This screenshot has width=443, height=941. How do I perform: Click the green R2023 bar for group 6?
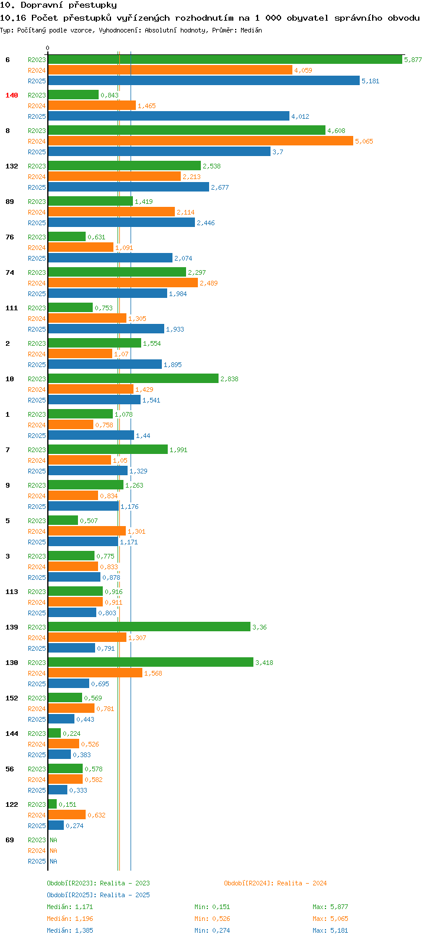pos(225,60)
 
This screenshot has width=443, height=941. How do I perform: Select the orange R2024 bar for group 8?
pos(200,141)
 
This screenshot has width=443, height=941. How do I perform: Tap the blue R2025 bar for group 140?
pos(169,116)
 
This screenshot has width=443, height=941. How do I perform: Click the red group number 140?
pos(12,95)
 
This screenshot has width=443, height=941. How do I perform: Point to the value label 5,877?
pos(413,60)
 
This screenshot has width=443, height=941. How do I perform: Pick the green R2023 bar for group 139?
pos(149,627)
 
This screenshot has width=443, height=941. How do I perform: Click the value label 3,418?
pos(264,663)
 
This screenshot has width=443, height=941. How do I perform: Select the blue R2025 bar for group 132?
pos(129,187)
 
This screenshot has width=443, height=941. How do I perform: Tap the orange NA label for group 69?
pos(53,850)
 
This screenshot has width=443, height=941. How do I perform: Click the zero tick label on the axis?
pos(47,48)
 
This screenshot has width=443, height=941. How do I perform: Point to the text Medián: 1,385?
pos(70,930)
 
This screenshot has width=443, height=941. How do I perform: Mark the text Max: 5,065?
pos(330,919)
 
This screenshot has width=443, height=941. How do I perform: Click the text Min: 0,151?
pos(212,907)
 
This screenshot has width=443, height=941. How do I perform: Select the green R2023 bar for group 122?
pos(52,804)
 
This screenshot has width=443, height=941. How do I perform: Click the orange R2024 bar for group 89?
pos(111,212)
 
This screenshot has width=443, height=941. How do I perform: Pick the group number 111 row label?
pos(12,308)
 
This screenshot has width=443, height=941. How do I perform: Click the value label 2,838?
pos(229,379)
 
